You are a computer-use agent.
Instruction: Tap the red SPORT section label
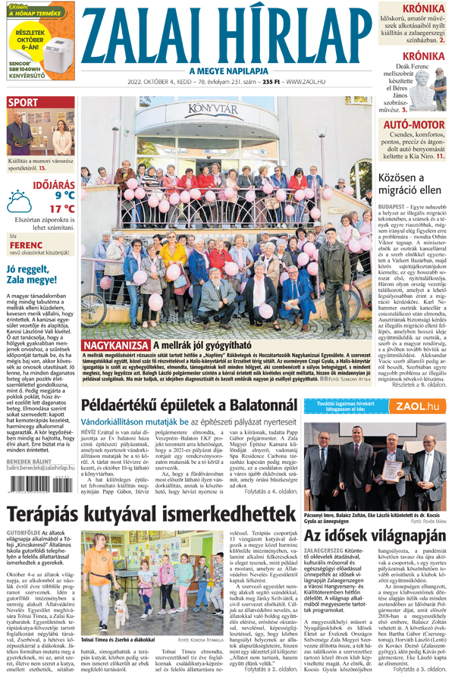[24, 102]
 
